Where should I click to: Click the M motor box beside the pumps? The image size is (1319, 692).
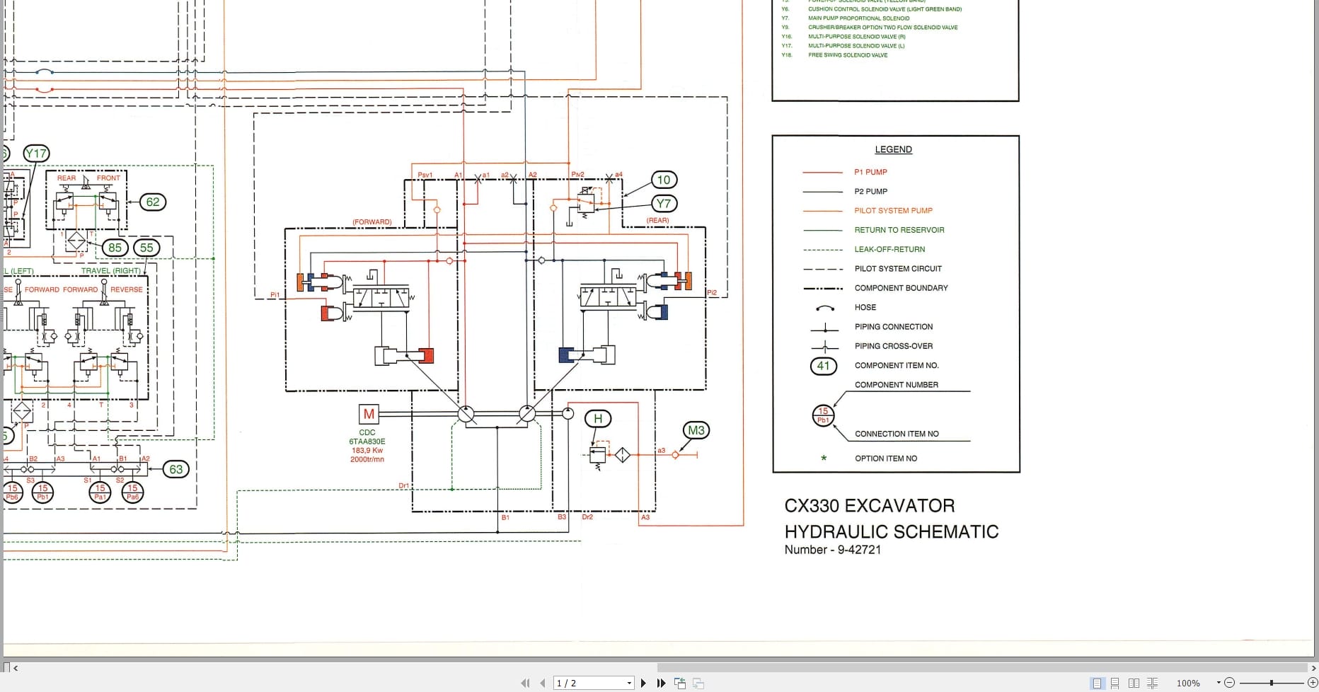point(369,414)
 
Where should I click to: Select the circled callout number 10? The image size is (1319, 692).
point(663,180)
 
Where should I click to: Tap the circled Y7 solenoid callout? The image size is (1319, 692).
point(663,204)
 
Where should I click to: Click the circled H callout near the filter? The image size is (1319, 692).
point(598,419)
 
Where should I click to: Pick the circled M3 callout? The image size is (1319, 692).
point(696,430)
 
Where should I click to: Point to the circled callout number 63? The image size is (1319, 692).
point(175,469)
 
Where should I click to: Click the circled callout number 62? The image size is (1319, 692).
point(152,202)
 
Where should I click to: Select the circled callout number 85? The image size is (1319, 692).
point(115,248)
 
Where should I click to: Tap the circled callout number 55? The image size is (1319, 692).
point(146,248)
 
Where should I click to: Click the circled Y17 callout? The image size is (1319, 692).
point(35,154)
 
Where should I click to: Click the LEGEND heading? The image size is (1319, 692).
point(893,149)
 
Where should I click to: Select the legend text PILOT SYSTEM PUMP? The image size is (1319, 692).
point(893,211)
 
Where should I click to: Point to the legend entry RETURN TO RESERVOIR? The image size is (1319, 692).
point(899,230)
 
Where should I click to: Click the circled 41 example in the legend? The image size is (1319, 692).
point(823,366)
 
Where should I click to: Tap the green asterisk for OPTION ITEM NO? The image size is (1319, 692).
point(824,459)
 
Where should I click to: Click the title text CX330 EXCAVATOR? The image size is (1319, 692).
point(869,506)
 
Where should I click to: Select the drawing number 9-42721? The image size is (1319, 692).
point(859,550)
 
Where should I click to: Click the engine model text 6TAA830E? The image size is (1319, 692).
point(367,442)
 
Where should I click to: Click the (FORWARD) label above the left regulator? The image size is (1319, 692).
point(371,222)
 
